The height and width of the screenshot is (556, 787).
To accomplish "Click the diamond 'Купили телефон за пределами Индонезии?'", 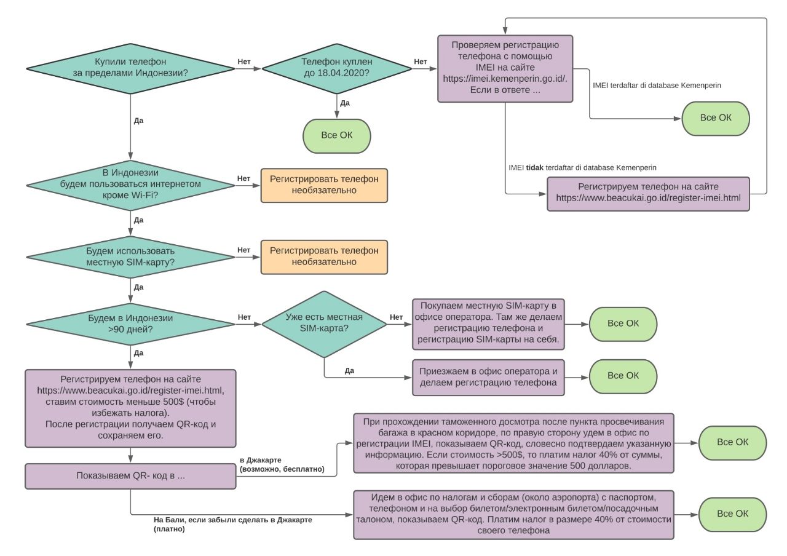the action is click(x=130, y=69).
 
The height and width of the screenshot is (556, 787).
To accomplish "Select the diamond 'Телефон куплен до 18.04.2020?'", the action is click(x=336, y=69).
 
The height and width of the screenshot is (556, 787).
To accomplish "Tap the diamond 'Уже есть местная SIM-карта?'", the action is click(x=324, y=324).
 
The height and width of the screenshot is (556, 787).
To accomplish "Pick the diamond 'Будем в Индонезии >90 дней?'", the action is click(x=130, y=324).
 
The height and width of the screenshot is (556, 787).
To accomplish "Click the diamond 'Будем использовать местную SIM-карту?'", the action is click(x=130, y=257).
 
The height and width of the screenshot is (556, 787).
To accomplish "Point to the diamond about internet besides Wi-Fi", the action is click(x=130, y=185).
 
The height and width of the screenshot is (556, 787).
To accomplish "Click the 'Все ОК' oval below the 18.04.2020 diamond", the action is click(x=336, y=136).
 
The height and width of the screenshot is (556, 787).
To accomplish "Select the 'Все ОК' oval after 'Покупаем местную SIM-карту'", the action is click(x=623, y=324).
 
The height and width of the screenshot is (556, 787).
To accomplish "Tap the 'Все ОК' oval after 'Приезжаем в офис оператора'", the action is click(x=623, y=376).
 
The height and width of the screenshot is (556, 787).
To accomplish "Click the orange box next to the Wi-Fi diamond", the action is click(x=324, y=185).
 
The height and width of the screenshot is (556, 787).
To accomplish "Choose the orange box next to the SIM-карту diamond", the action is click(x=324, y=257).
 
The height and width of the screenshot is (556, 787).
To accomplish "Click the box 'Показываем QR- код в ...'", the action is click(x=130, y=476).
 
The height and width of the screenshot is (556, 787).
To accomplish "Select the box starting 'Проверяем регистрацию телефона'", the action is click(x=505, y=68).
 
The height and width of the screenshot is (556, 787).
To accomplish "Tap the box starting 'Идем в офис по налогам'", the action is click(x=513, y=515).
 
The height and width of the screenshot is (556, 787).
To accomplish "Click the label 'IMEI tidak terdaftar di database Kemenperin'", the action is click(x=582, y=168).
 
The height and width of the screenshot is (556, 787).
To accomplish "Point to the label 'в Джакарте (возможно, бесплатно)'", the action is click(x=282, y=464).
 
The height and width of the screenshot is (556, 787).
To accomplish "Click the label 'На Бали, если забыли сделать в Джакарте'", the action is click(x=232, y=520).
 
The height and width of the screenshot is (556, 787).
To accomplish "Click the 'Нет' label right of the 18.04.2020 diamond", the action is click(x=420, y=62).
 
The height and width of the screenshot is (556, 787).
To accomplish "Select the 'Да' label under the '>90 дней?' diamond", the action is click(x=138, y=353).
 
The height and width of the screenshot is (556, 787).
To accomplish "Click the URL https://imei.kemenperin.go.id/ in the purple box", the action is click(x=505, y=78).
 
